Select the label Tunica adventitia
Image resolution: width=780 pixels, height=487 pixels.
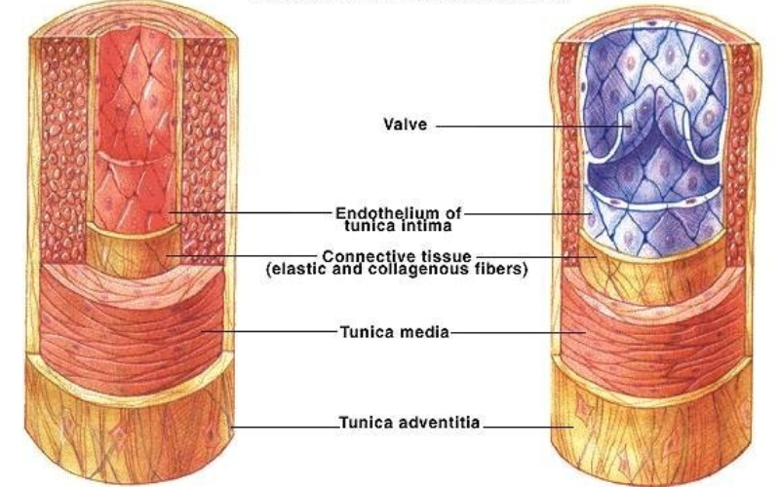coord(410,424)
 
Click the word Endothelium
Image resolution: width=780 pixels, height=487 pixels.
coord(379,211)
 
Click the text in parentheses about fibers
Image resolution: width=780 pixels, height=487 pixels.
coord(396,269)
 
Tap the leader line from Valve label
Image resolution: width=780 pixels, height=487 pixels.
coord(526,126)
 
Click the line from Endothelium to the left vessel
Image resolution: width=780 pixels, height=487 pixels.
coord(253,211)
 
